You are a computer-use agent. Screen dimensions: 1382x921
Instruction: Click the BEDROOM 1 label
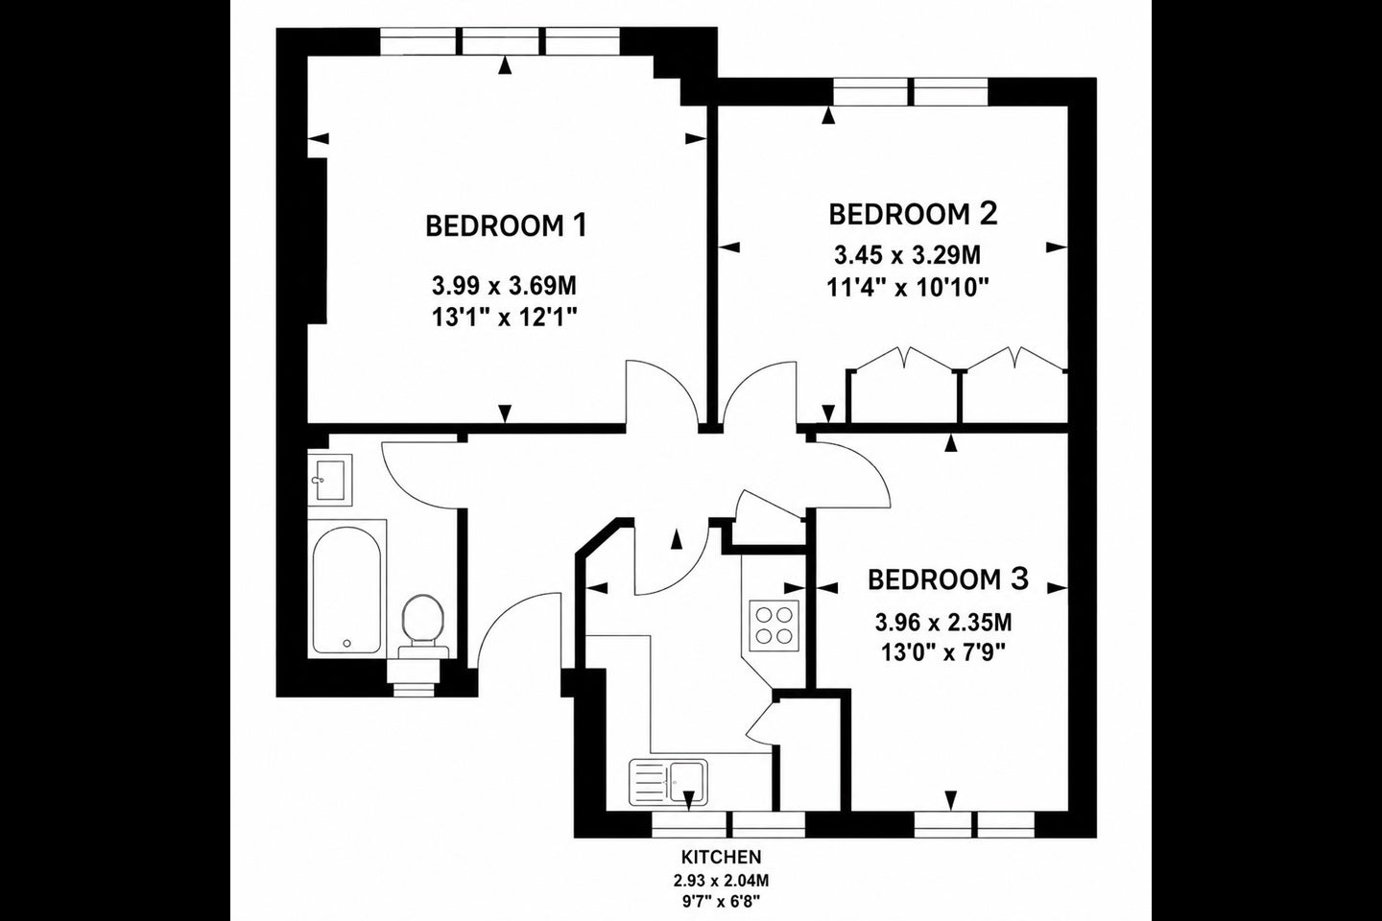[x=506, y=225]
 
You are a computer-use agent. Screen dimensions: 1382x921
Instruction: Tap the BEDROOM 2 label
[x=913, y=214]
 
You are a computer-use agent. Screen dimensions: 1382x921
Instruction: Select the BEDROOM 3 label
[x=948, y=579]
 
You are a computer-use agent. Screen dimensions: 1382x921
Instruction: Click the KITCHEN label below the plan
[x=721, y=857]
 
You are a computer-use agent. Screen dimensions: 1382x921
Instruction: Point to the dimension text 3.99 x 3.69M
[x=504, y=286]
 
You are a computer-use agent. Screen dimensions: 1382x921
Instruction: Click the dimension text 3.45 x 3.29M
[x=908, y=254]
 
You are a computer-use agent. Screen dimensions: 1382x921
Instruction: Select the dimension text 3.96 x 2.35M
[x=943, y=623]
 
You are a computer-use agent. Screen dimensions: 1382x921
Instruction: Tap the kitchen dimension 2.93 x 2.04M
[x=721, y=881]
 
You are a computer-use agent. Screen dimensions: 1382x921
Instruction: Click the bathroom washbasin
[x=329, y=480]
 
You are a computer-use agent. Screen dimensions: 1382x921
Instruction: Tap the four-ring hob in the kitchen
[x=774, y=626]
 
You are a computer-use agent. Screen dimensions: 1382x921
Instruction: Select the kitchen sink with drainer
[x=668, y=782]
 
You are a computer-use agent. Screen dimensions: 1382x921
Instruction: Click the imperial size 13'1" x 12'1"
[x=504, y=318]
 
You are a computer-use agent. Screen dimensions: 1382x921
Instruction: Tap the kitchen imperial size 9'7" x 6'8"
[x=721, y=901]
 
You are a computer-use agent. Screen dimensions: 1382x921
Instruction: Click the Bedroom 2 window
[x=911, y=91]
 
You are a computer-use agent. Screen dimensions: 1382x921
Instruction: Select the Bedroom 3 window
[x=975, y=824]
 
